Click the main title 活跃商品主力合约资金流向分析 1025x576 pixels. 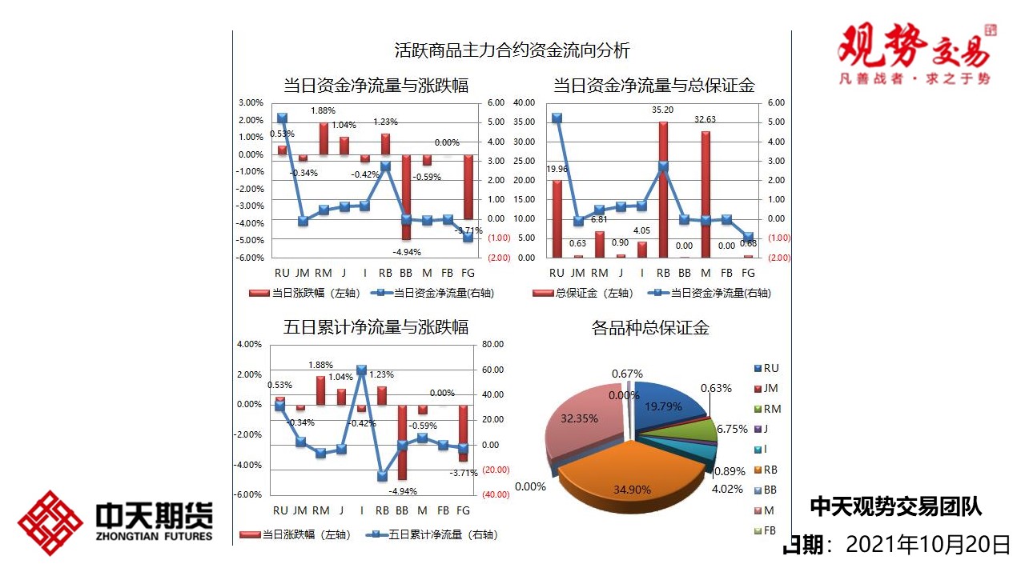pos(512,50)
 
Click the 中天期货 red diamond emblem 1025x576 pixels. pos(50,523)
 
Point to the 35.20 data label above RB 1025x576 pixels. pos(663,110)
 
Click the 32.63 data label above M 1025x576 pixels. pos(705,120)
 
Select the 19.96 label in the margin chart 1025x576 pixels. pos(557,169)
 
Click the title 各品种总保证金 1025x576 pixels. pos(650,328)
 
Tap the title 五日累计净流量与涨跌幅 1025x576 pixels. pos(376,327)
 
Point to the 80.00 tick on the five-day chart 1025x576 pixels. pos(493,345)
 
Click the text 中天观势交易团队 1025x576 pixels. pos(895,506)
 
